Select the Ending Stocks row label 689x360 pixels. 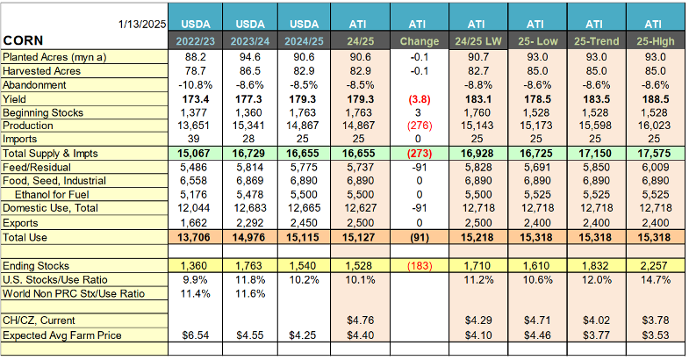pyautogui.click(x=38, y=264)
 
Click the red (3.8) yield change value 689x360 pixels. pyautogui.click(x=418, y=99)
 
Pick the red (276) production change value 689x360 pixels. pyautogui.click(x=418, y=126)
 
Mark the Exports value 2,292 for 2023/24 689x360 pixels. pyautogui.click(x=249, y=222)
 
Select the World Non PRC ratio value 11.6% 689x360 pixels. pyautogui.click(x=249, y=292)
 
